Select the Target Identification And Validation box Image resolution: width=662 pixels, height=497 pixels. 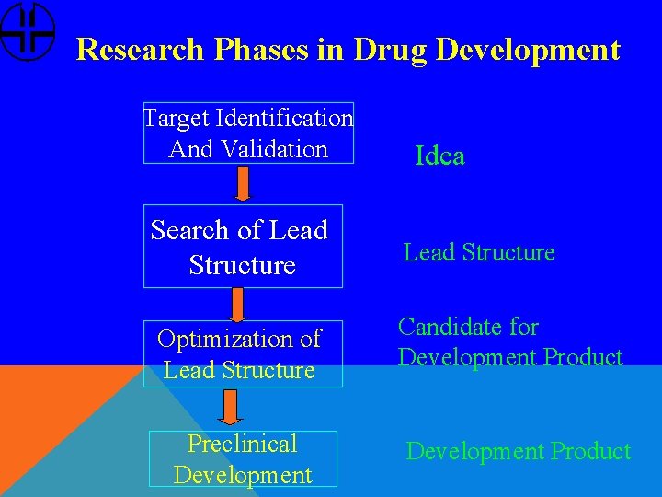click(x=248, y=133)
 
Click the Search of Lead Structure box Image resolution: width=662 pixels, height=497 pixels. click(x=242, y=246)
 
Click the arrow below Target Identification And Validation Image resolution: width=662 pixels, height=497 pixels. click(x=243, y=183)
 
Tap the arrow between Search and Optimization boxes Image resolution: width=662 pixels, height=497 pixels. click(x=237, y=304)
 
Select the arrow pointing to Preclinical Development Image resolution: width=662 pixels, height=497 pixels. click(x=230, y=408)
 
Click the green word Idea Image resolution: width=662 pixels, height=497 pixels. click(x=439, y=156)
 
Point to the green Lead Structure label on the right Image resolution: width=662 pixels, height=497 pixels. click(x=479, y=252)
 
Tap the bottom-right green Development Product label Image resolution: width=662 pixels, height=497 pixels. click(x=519, y=451)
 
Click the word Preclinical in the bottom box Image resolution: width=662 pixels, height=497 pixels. click(x=243, y=444)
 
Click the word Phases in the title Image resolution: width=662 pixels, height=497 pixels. click(x=260, y=50)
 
